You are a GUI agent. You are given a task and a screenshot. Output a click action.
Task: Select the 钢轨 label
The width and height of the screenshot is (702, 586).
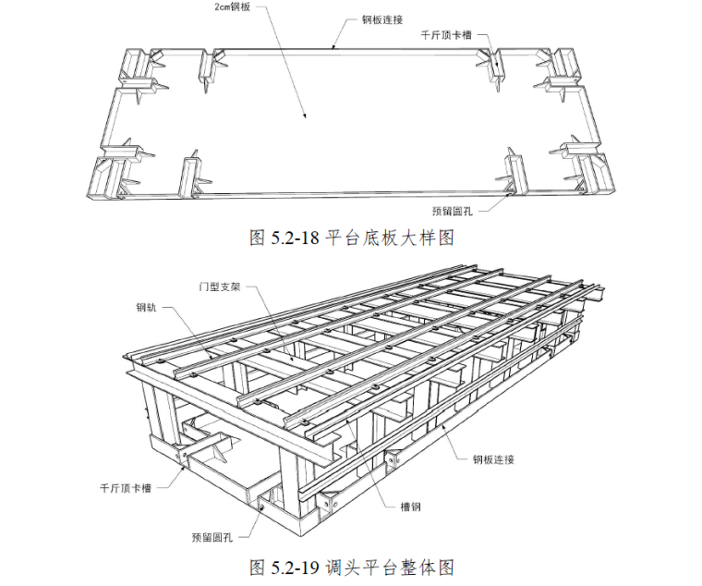pyautogui.click(x=148, y=308)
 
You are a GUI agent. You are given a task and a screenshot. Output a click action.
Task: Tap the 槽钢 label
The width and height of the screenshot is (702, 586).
pyautogui.click(x=411, y=507)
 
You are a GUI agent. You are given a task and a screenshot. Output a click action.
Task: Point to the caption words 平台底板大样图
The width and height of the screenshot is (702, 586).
pyautogui.click(x=392, y=238)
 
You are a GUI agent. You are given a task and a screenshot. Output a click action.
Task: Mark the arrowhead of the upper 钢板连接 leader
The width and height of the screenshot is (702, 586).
pyautogui.click(x=334, y=46)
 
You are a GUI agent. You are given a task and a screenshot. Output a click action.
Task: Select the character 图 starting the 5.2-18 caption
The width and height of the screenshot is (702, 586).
pyautogui.click(x=256, y=238)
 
